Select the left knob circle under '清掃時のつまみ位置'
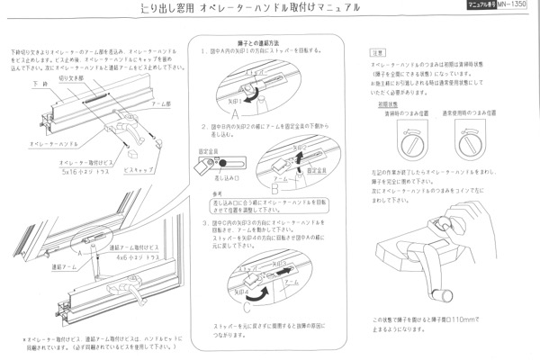click(x=410, y=141)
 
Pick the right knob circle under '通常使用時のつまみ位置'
click(x=476, y=141)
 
